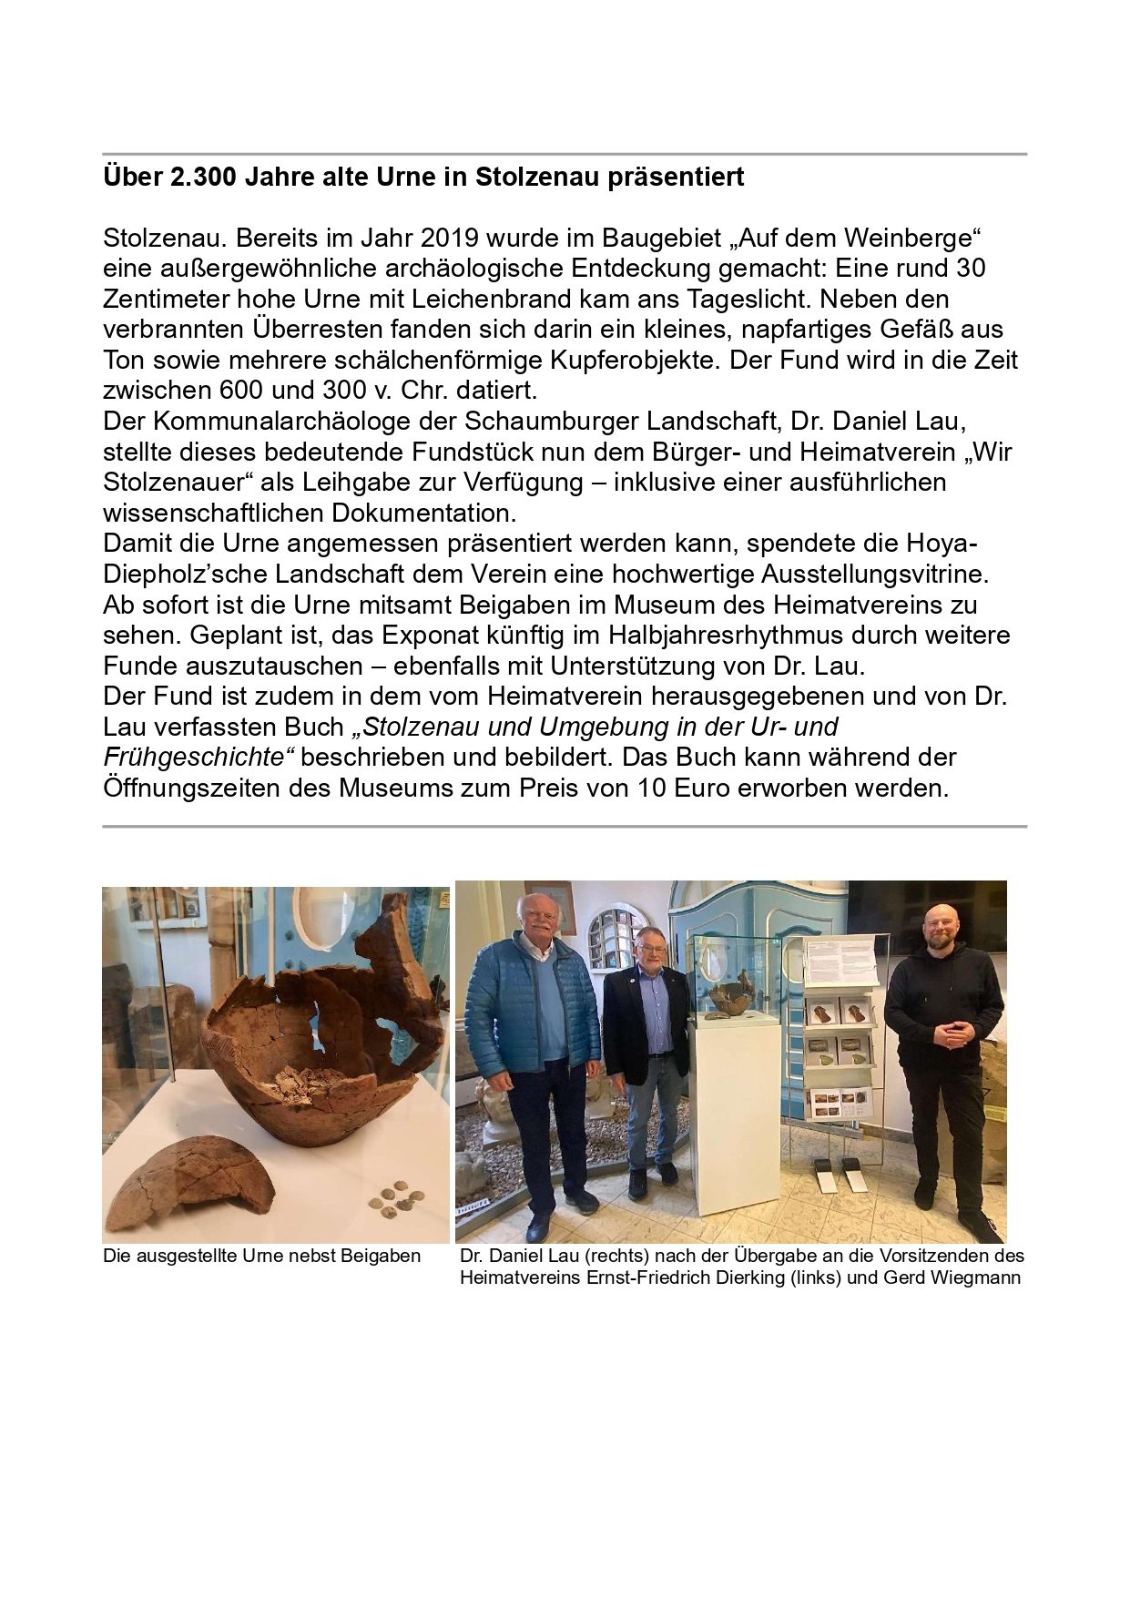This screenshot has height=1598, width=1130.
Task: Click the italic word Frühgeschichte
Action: point(201,758)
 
